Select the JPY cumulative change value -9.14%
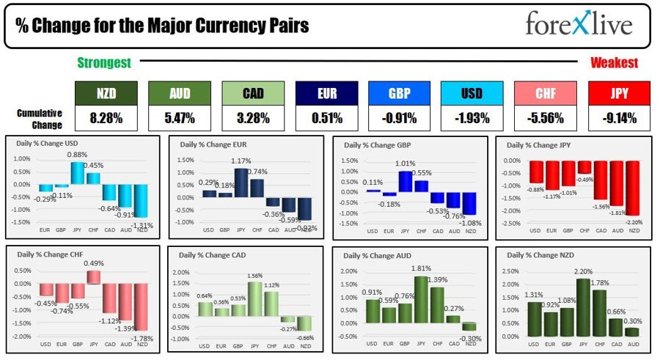619,118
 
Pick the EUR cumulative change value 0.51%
326,118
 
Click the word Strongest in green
104,63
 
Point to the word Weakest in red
614,63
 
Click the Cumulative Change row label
39,118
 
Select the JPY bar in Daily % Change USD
77,172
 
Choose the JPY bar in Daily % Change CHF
93,277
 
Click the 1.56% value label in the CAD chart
256,275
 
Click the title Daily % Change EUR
211,145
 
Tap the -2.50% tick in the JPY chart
510,222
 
